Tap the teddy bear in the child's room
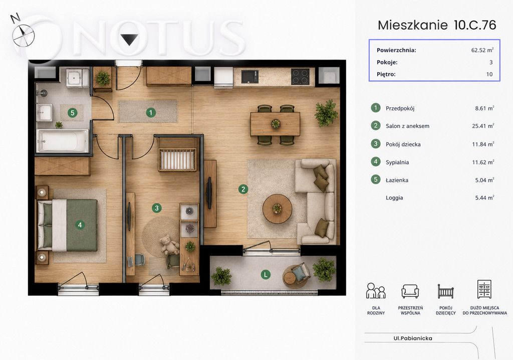[x=169, y=244]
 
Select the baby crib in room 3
[x=177, y=154]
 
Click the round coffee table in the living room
[x=278, y=209]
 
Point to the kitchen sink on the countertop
[x=249, y=76]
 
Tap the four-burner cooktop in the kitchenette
[x=300, y=77]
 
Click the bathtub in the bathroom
[x=62, y=141]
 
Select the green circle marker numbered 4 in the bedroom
[x=80, y=225]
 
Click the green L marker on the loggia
[x=266, y=274]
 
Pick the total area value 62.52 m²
[x=482, y=50]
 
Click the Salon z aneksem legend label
[x=407, y=126]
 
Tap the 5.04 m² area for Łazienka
[x=484, y=180]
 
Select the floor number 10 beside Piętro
[x=489, y=74]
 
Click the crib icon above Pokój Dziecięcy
[x=445, y=291]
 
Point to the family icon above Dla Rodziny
[x=376, y=290]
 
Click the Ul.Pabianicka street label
[x=413, y=338]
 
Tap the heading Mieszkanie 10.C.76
[x=437, y=25]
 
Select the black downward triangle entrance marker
[x=130, y=39]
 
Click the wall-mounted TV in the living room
[x=210, y=193]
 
